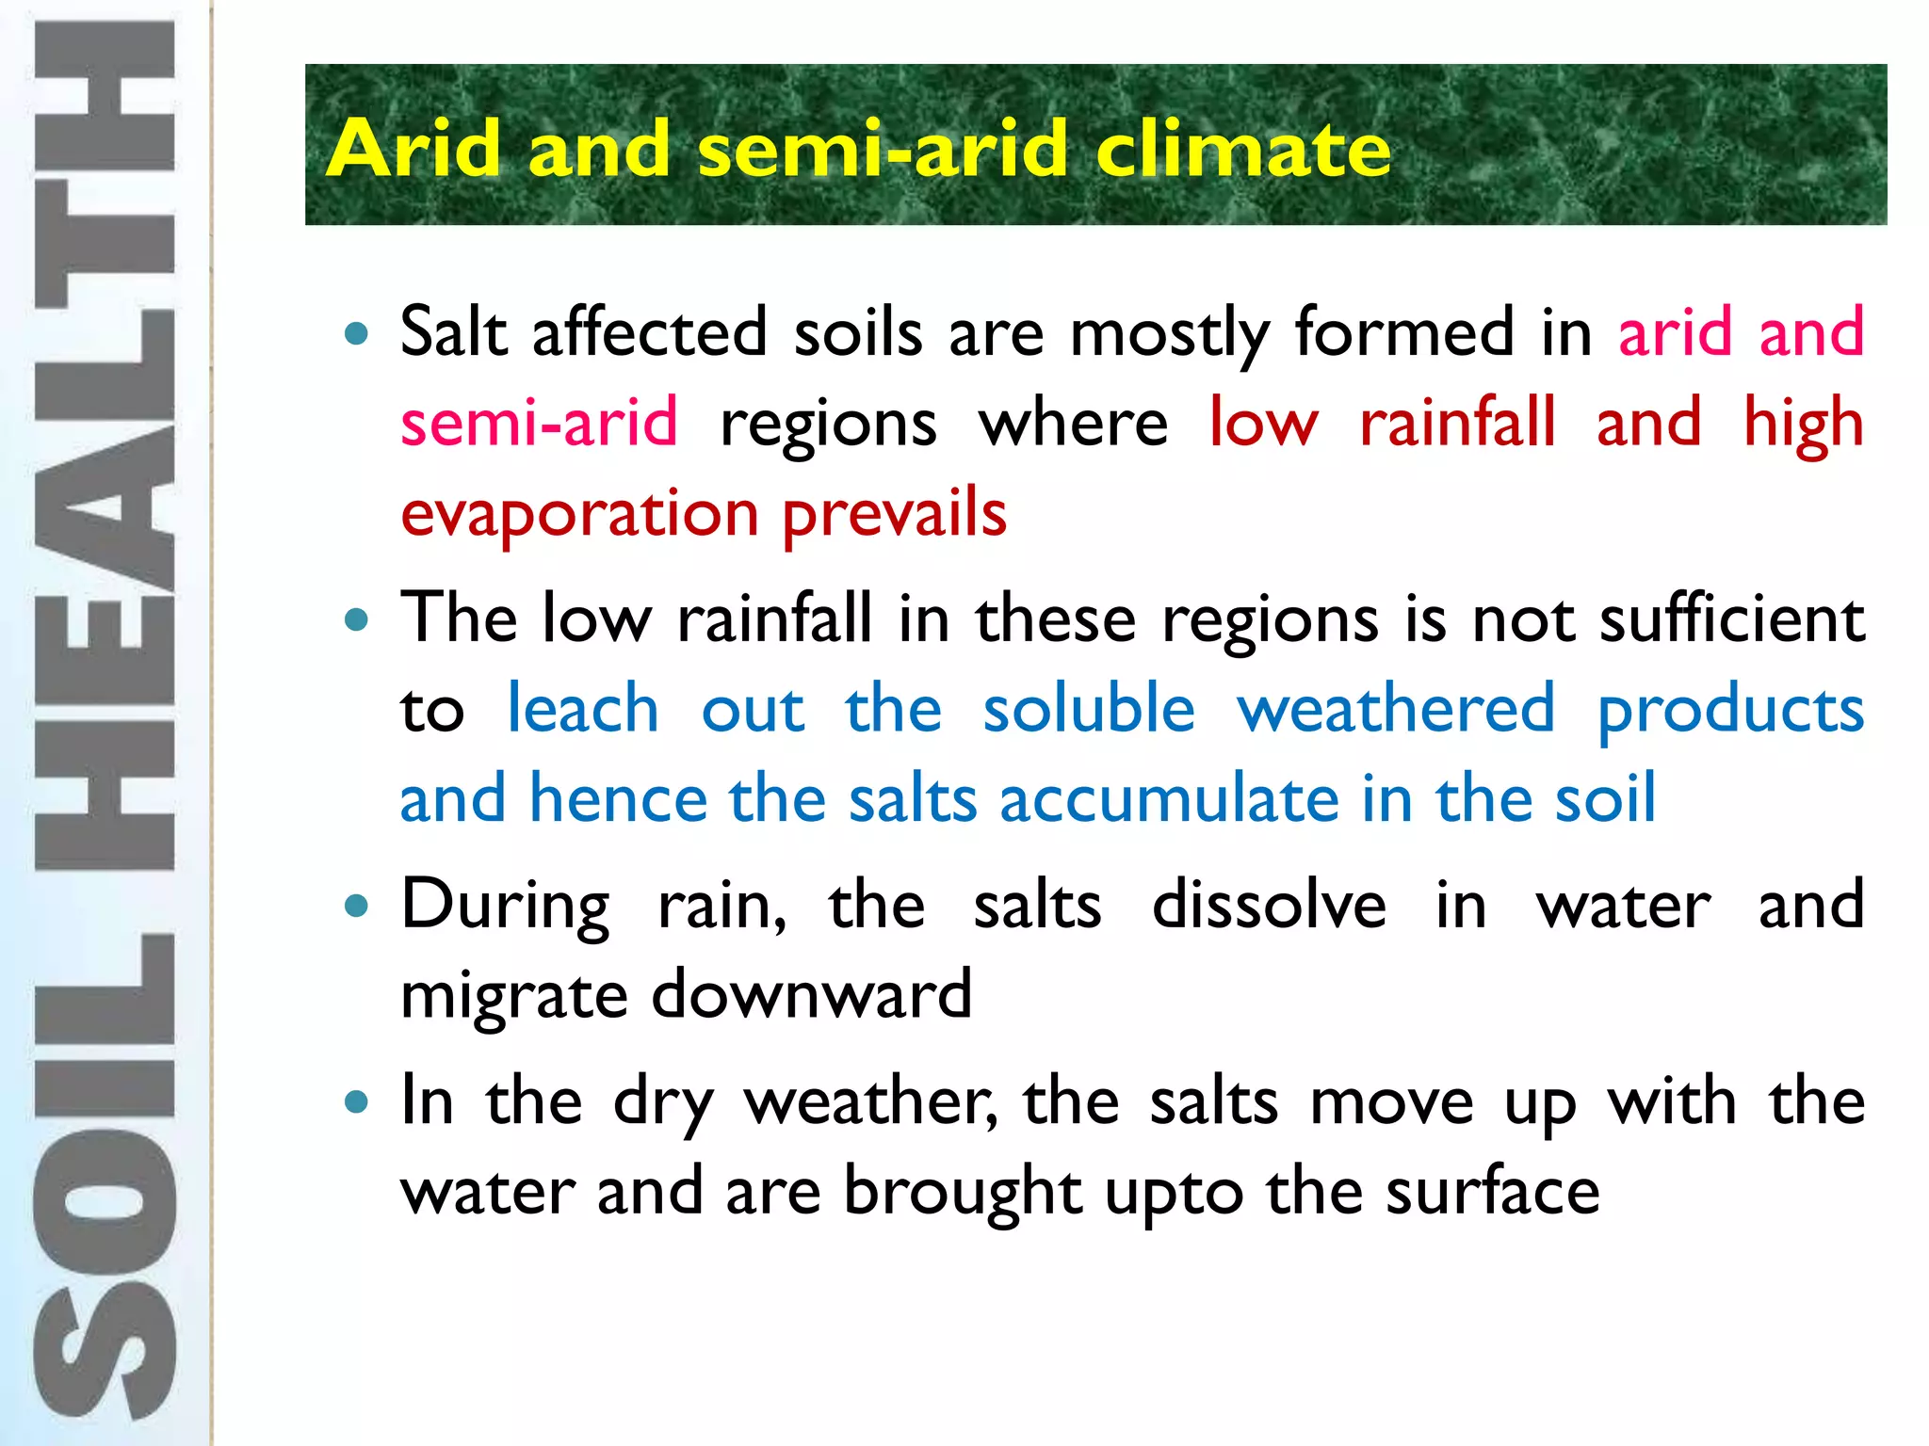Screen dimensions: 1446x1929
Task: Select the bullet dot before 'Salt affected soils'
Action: pos(356,333)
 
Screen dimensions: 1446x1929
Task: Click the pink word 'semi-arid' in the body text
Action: pos(539,423)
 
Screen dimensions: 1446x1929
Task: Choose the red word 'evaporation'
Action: pos(579,515)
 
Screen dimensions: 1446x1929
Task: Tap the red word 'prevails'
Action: pos(895,515)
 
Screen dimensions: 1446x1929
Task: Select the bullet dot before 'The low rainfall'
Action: pos(356,620)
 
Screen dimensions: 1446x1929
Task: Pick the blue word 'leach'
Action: pos(583,709)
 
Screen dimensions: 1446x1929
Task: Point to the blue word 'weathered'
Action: pos(1396,709)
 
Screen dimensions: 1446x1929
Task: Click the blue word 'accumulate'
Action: pos(1169,799)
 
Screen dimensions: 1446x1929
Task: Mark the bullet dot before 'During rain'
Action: pos(356,908)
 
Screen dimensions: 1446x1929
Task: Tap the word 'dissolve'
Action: pos(1269,906)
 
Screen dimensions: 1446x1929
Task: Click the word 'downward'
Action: pos(811,995)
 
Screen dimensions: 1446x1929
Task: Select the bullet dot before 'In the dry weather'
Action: pos(356,1102)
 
